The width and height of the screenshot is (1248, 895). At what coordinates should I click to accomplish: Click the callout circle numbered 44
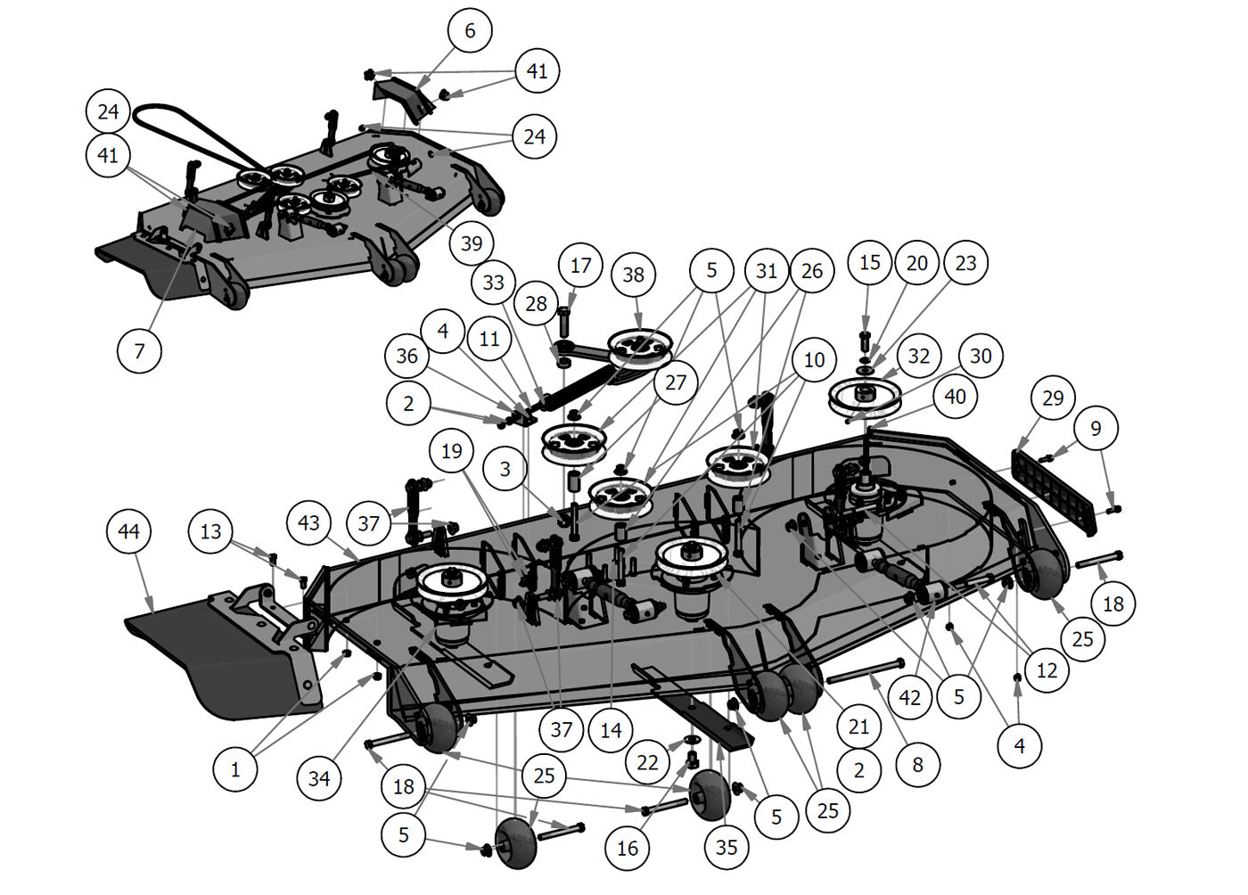[128, 532]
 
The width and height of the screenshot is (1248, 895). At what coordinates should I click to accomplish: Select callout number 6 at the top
[470, 31]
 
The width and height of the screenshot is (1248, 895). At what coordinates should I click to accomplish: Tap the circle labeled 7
[140, 350]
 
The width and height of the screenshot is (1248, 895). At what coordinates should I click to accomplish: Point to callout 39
[472, 242]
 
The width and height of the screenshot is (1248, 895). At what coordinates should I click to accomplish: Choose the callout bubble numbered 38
[633, 274]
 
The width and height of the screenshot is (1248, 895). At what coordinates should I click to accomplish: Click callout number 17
[580, 266]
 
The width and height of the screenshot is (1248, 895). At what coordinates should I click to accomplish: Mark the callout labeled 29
[1053, 398]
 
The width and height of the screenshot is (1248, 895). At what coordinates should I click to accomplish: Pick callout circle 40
[955, 396]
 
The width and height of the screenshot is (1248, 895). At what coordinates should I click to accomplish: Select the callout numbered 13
[210, 532]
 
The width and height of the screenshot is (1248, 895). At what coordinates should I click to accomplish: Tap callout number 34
[318, 778]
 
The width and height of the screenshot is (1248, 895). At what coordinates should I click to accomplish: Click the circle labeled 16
[628, 847]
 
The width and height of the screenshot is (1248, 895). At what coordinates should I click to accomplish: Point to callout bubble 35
[727, 846]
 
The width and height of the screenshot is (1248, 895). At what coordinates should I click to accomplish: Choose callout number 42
[909, 698]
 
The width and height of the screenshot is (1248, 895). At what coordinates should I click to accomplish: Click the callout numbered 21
[858, 727]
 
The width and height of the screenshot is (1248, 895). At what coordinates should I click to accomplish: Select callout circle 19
[452, 451]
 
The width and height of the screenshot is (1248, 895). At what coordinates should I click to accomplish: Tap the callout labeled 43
[308, 522]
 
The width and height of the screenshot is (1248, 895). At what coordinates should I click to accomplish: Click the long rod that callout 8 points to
[866, 672]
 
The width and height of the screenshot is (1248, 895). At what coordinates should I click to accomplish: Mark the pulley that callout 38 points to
[640, 348]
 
